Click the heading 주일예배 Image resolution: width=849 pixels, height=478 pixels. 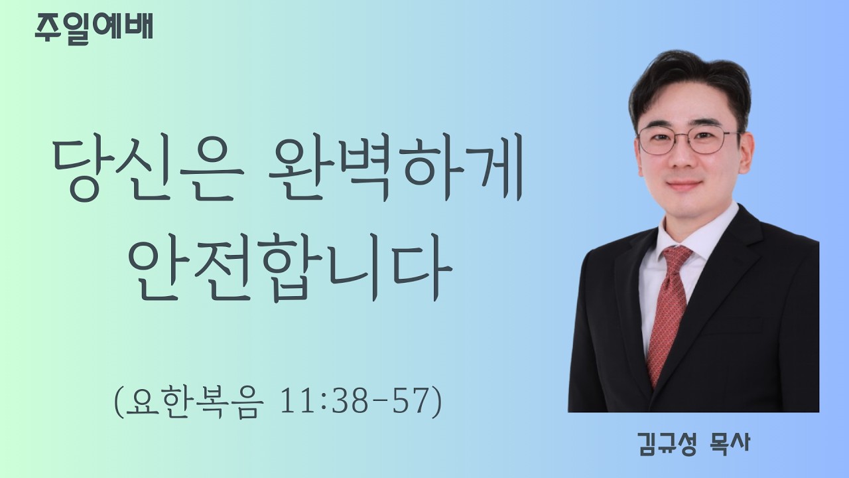[94, 29]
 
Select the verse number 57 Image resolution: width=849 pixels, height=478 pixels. [408, 402]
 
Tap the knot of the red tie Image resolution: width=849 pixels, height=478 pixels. [677, 256]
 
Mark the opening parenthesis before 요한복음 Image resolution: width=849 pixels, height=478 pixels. [119, 402]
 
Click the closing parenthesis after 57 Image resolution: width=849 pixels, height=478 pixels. [436, 402]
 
